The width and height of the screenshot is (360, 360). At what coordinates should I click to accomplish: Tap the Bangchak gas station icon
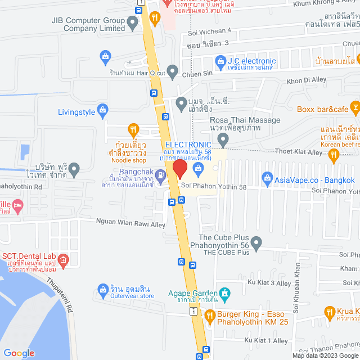coord(161,174)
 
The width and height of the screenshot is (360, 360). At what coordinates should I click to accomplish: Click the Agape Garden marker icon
coord(225,293)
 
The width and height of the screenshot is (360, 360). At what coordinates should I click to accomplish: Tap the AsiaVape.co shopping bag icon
coord(267,180)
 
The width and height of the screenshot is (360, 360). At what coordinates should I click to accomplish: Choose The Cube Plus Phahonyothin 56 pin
coord(256,244)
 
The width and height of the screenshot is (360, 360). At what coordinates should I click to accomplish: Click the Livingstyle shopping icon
coord(105,112)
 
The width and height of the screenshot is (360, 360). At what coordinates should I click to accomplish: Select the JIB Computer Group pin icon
coord(133,24)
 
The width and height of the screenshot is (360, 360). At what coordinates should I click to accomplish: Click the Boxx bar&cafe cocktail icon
coord(354,106)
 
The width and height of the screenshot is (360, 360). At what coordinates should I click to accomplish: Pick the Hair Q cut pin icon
coord(172,73)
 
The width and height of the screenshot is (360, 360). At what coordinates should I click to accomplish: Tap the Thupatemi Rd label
coord(60,295)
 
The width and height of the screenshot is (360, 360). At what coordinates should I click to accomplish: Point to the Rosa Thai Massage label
coord(245,120)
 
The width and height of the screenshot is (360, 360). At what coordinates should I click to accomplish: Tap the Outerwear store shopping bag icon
coord(103,291)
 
